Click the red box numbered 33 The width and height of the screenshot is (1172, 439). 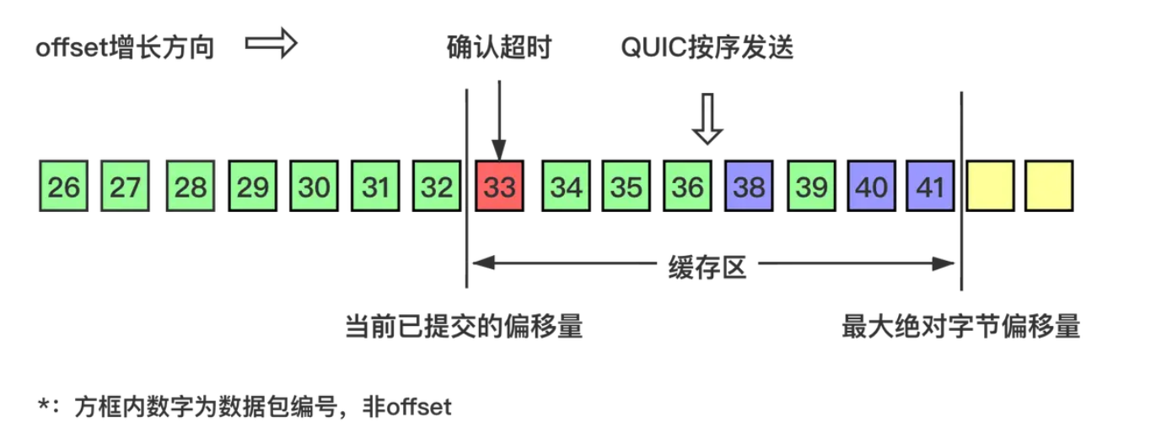(x=499, y=187)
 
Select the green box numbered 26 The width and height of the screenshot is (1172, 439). (x=63, y=187)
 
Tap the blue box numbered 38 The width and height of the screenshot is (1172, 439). (x=749, y=187)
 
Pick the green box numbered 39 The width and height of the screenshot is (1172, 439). (x=811, y=187)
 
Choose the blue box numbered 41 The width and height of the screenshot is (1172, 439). (x=930, y=187)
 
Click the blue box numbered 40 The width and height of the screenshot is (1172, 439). (x=872, y=187)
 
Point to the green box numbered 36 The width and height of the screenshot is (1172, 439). (x=687, y=187)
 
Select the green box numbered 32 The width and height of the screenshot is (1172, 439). (x=437, y=187)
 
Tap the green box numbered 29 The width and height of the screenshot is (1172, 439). (x=252, y=187)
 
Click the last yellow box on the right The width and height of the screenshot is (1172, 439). (x=1049, y=187)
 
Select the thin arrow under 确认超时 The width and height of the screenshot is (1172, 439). (x=499, y=118)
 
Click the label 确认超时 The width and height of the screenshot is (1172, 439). (x=498, y=48)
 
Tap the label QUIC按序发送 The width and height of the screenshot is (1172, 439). (x=707, y=48)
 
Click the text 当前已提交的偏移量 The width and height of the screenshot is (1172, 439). (x=464, y=327)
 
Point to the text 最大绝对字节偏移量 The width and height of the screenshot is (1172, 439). (x=960, y=327)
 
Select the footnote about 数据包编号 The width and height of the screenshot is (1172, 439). (x=245, y=407)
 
